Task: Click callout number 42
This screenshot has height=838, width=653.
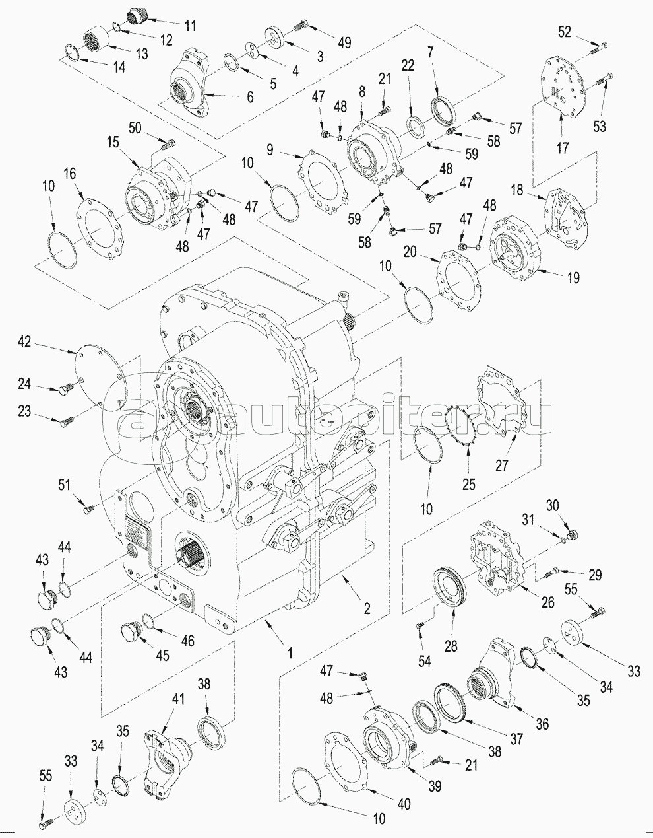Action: (x=24, y=341)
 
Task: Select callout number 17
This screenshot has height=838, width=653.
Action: (x=561, y=149)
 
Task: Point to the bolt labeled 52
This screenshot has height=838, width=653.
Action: (x=602, y=46)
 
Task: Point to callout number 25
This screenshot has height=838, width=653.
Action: (x=468, y=485)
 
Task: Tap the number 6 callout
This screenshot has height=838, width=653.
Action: (x=250, y=96)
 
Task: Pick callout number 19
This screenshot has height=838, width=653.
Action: (x=573, y=278)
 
